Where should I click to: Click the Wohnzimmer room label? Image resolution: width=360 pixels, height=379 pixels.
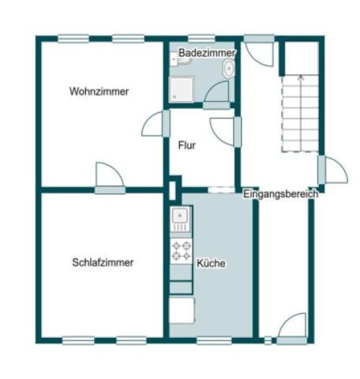tap(99, 92)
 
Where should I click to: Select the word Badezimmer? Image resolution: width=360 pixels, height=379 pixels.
tap(206, 52)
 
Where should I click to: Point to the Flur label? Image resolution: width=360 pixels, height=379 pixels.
tap(187, 145)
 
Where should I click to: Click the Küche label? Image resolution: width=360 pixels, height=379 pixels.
tap(211, 264)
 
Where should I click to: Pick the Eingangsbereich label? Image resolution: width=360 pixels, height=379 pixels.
tap(280, 193)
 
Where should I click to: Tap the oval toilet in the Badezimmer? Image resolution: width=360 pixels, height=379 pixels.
tap(228, 69)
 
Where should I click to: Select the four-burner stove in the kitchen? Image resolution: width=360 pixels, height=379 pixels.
tap(181, 250)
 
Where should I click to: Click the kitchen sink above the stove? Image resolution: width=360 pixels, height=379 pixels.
tap(180, 216)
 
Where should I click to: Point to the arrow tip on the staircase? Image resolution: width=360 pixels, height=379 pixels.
tap(300, 77)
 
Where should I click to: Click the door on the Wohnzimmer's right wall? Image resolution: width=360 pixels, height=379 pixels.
tap(156, 125)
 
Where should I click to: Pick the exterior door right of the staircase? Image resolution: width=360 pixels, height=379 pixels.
tap(332, 170)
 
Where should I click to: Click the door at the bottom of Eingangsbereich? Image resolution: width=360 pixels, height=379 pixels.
tap(293, 328)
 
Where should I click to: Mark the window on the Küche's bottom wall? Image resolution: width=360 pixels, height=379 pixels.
tap(213, 340)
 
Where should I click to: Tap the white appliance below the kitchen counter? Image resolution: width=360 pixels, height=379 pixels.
tap(181, 310)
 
